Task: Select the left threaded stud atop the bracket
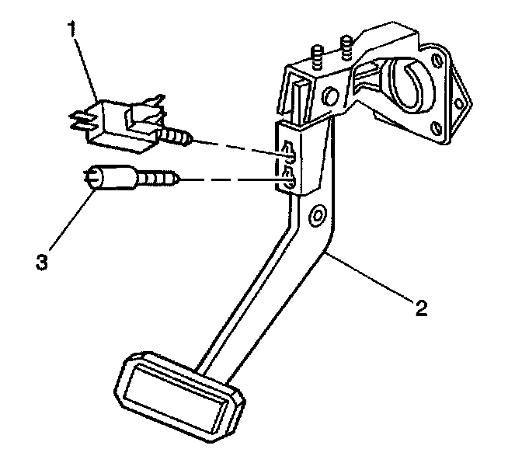point(317,59)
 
